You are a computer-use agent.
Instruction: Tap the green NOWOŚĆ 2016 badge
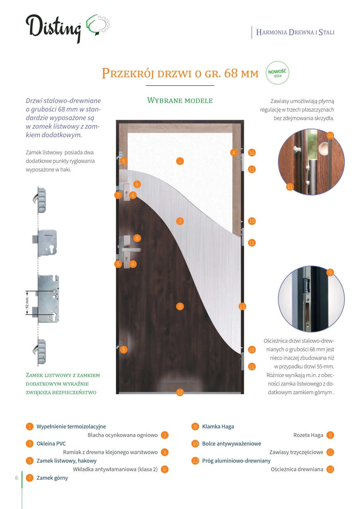(277, 73)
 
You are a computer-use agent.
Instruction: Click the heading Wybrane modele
(180, 101)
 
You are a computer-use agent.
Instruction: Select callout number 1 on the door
(180, 161)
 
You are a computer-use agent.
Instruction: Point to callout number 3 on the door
(180, 307)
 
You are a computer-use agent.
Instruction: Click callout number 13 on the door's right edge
(242, 307)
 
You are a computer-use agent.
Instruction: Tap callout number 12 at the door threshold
(180, 392)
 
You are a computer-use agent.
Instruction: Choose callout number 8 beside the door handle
(137, 238)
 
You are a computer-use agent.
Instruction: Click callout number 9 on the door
(137, 184)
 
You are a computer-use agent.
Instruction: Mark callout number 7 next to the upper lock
(118, 195)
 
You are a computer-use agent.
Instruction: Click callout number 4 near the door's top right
(234, 153)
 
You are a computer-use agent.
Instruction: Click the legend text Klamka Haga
(218, 426)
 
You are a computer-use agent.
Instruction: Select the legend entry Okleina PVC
(51, 444)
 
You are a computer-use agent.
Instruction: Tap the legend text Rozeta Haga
(308, 435)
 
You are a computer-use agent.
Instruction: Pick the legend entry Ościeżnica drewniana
(297, 469)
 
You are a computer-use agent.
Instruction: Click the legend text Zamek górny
(52, 478)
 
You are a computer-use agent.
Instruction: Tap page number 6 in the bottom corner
(17, 478)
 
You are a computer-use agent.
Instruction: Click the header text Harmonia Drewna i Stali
(295, 32)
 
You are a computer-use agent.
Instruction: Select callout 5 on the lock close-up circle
(330, 272)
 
